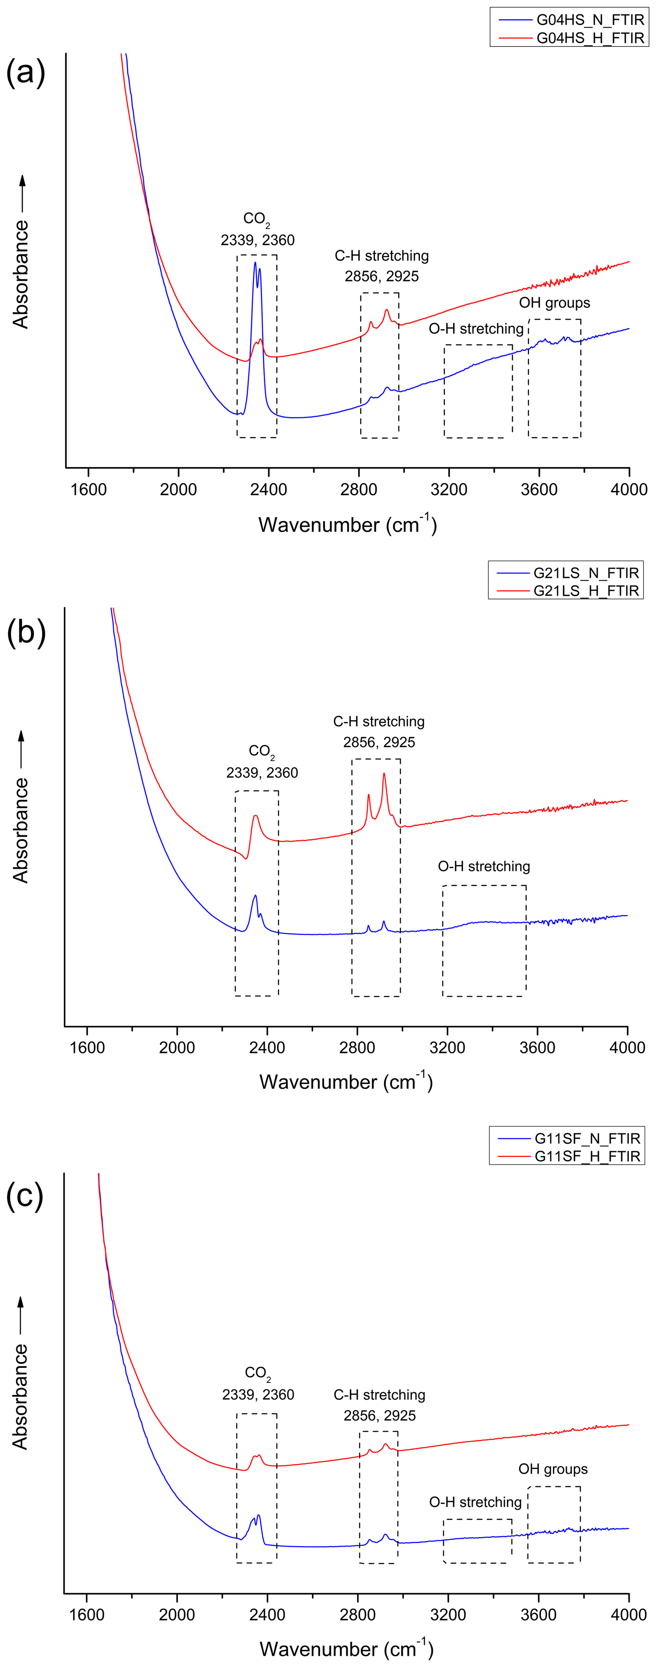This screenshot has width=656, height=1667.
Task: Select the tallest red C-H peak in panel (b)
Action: point(384,775)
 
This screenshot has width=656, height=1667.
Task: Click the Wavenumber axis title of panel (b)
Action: point(346,1082)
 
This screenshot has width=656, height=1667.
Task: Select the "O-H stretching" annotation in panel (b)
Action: point(484,867)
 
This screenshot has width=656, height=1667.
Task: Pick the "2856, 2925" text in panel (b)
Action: point(379,742)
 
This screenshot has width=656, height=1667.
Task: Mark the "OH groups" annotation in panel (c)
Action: point(553,1469)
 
